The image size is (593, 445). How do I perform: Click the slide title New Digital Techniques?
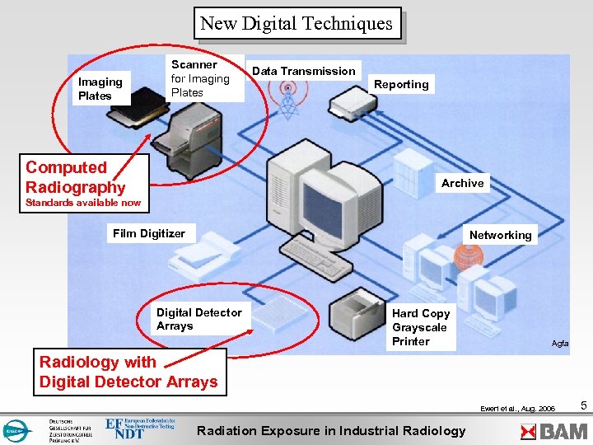point(296,24)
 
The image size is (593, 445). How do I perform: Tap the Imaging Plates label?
point(100,88)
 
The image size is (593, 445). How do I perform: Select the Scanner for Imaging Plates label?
point(200,78)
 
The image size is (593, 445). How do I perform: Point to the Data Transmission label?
point(303,71)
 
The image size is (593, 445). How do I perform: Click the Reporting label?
point(401,84)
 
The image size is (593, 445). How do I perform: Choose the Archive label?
point(462,183)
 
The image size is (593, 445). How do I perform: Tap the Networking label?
point(500,235)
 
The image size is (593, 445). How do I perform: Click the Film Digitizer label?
point(149,233)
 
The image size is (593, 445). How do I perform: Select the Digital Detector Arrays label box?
point(199,319)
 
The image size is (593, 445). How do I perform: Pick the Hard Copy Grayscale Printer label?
point(421,327)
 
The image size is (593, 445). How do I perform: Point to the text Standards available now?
point(83,203)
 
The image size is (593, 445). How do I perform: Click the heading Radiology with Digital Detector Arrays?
point(128,372)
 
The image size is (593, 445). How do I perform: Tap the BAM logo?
point(553,430)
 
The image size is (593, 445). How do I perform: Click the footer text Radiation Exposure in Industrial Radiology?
point(331,430)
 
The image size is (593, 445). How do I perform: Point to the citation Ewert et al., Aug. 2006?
point(519,408)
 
